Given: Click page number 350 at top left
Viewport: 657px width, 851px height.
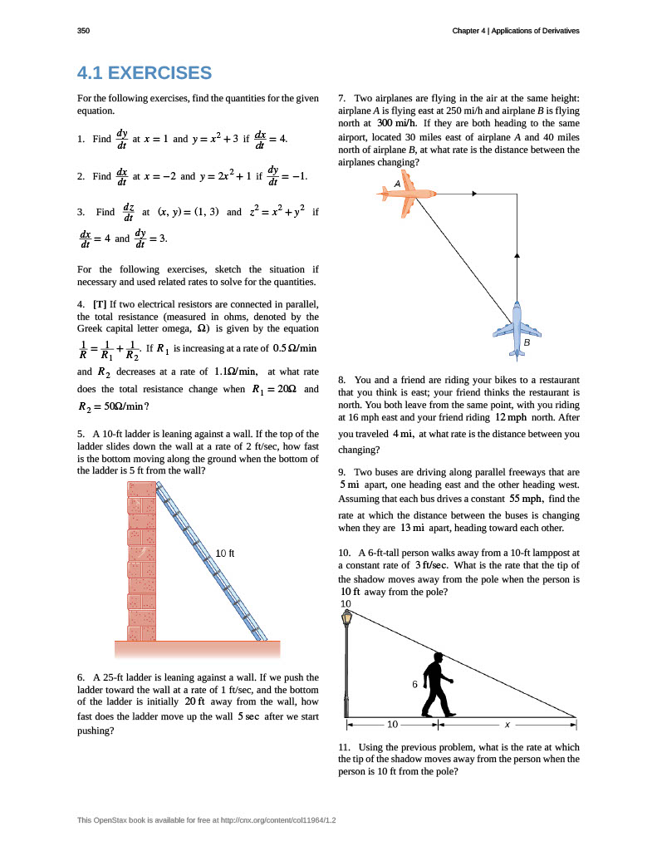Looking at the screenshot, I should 82,31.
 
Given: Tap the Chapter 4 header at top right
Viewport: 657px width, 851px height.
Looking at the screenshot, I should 515,31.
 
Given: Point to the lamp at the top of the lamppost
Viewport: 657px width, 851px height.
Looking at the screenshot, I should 346,617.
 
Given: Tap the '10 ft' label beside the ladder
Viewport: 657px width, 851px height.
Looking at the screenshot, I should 226,553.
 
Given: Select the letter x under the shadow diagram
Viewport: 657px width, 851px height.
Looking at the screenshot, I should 507,723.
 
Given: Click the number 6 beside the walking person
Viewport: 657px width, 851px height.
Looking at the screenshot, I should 414,684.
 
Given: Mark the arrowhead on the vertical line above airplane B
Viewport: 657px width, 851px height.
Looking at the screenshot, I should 517,254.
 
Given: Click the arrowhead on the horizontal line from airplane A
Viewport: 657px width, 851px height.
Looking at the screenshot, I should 473,194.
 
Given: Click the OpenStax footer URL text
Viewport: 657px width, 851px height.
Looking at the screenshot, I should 213,820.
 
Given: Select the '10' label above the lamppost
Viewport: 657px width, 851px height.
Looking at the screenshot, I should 346,603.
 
